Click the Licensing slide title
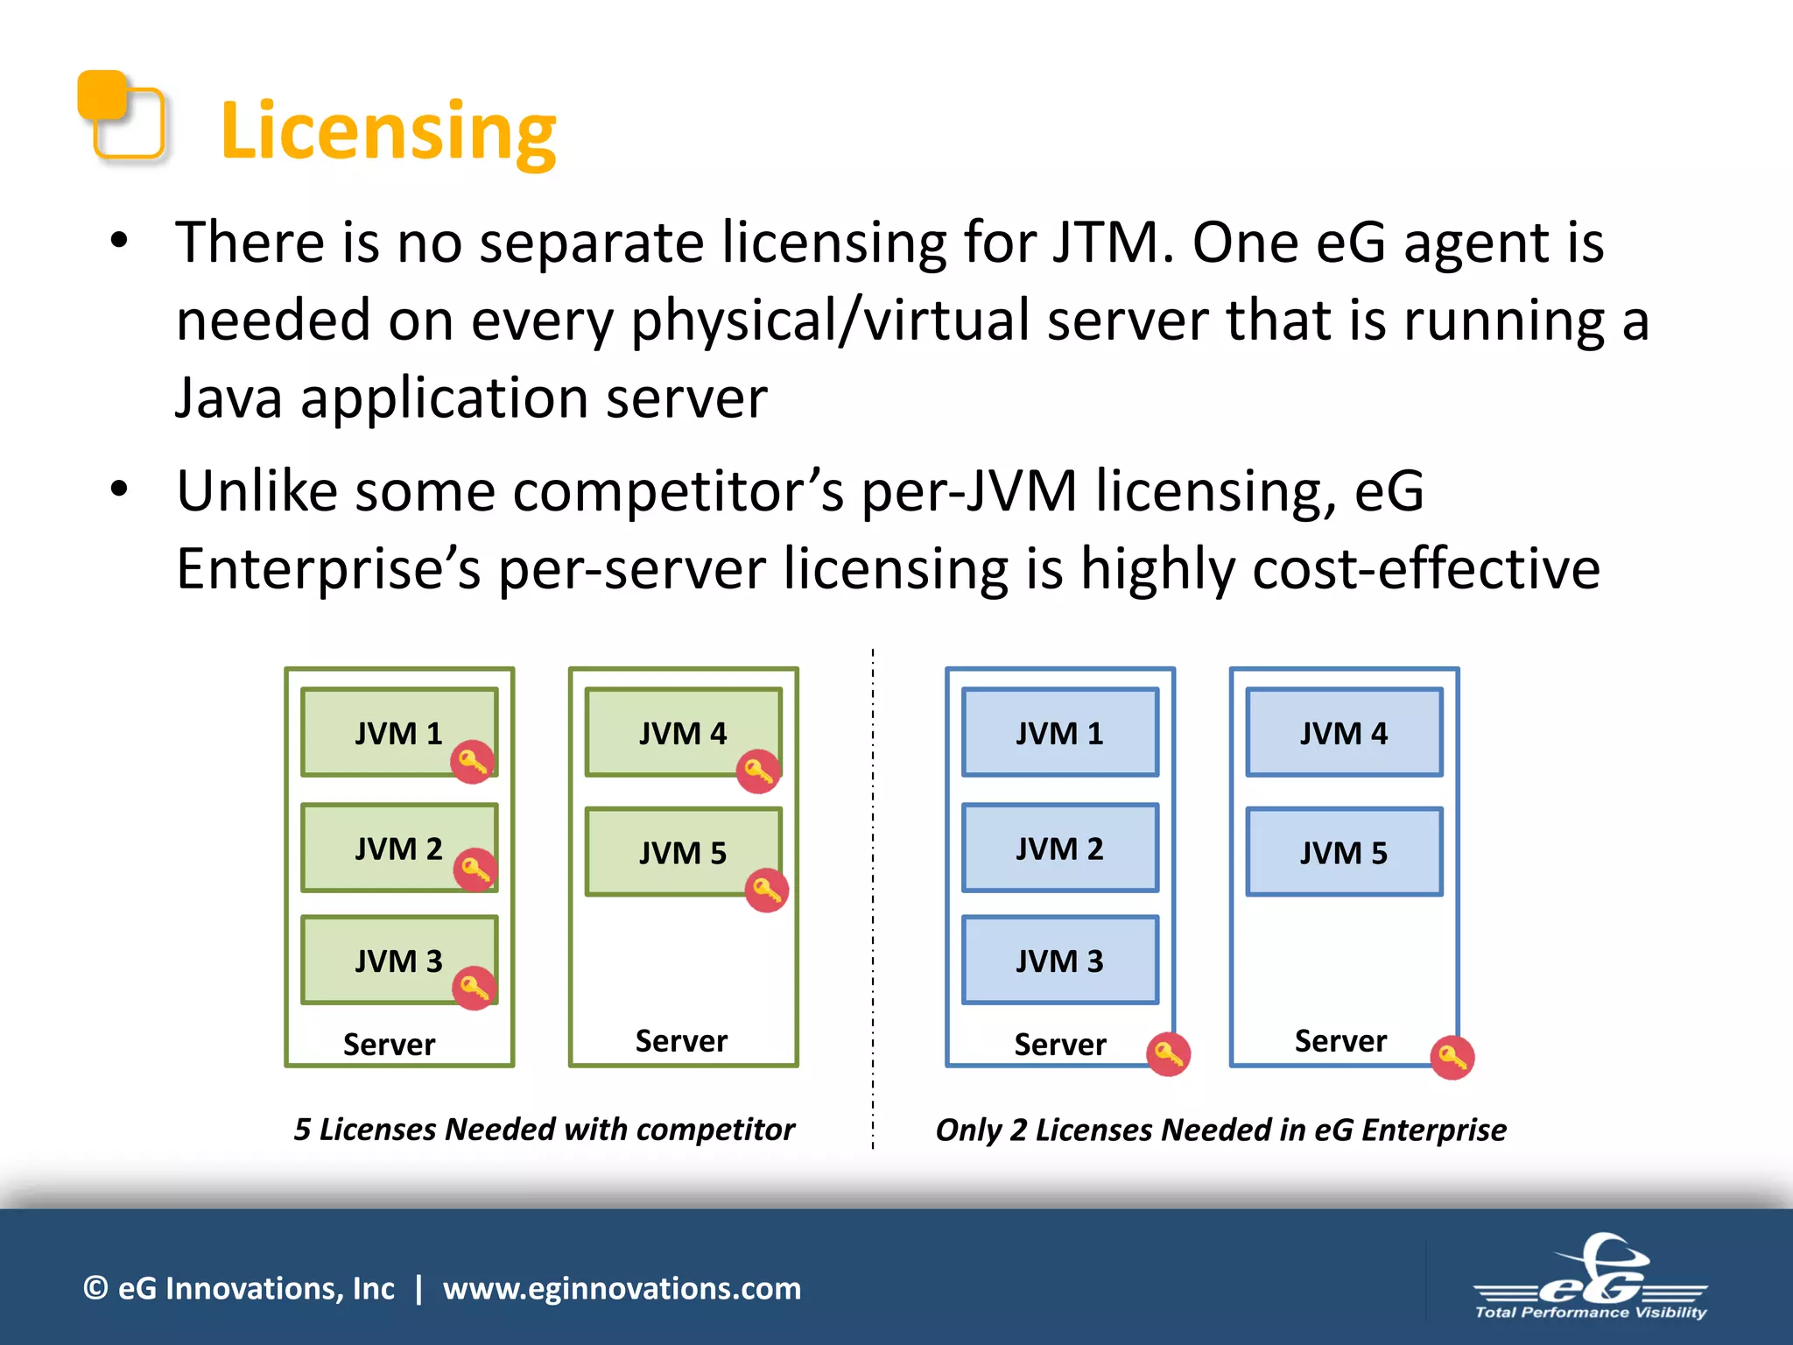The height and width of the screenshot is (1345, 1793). [388, 131]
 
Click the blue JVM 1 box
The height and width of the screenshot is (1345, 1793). [1059, 732]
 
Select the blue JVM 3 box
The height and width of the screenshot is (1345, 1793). [1059, 960]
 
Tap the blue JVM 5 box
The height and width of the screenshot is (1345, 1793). [1344, 851]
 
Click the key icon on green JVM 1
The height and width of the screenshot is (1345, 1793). [473, 762]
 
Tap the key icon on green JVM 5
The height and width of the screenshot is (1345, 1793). [766, 891]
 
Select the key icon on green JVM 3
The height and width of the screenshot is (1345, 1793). [475, 988]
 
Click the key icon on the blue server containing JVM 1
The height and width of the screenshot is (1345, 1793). [1169, 1054]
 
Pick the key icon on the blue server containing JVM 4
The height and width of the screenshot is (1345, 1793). [1452, 1058]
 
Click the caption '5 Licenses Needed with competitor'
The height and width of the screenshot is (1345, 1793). [544, 1129]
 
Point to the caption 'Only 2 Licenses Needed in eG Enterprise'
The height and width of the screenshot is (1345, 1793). [1220, 1130]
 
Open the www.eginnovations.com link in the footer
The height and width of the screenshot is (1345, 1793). [622, 1288]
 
